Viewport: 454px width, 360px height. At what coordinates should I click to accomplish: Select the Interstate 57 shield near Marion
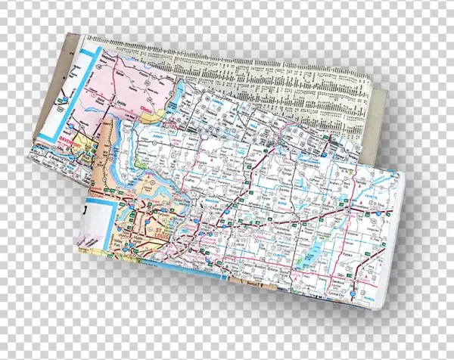[x=356, y=284]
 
